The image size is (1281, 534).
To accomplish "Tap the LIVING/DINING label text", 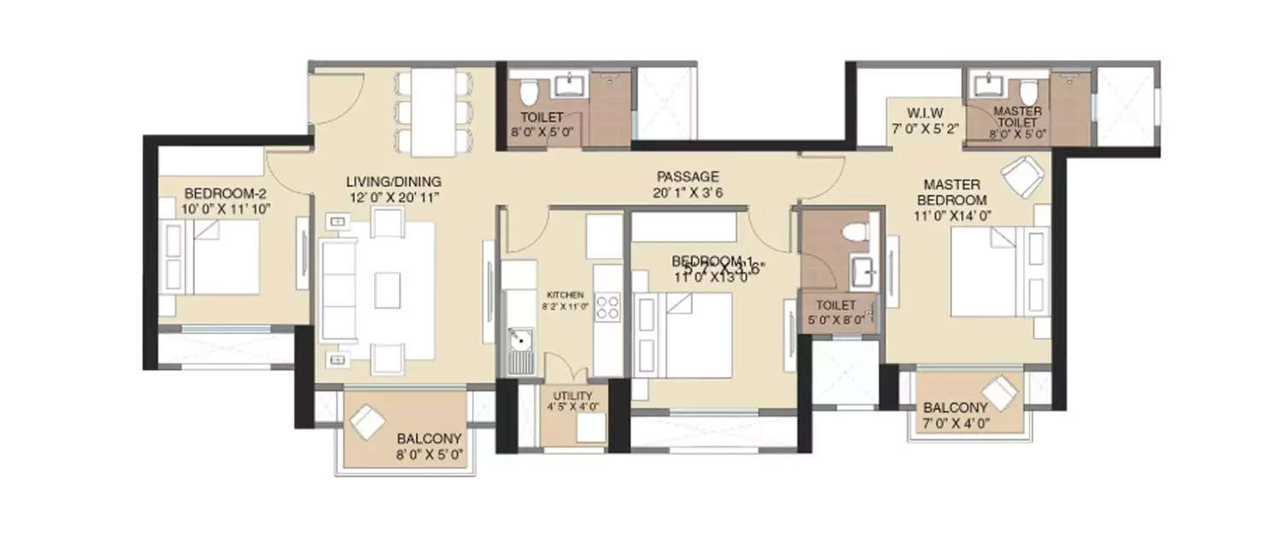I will coord(393,181).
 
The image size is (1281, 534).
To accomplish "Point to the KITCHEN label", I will coord(564,294).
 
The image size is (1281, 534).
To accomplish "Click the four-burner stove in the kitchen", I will coord(607,307).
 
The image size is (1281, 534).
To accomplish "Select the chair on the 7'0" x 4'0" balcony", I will coord(1000,392).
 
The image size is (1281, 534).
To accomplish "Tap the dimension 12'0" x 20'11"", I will coord(393,198).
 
